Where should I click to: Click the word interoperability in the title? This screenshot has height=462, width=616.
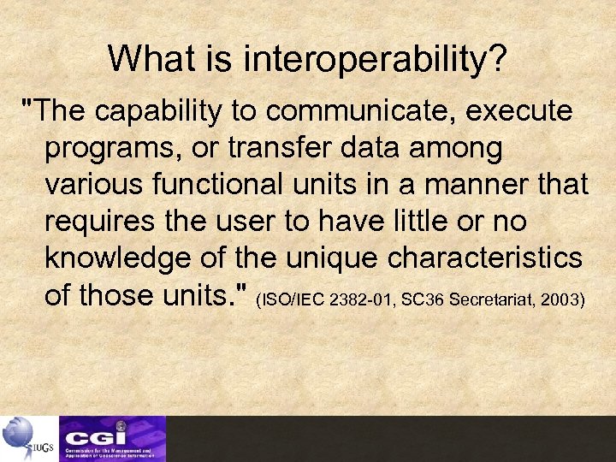point(376,59)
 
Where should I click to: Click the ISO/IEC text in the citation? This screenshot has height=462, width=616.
point(293,300)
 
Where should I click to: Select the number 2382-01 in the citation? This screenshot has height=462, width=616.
point(364,300)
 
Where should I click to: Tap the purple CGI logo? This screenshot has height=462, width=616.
point(112,439)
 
